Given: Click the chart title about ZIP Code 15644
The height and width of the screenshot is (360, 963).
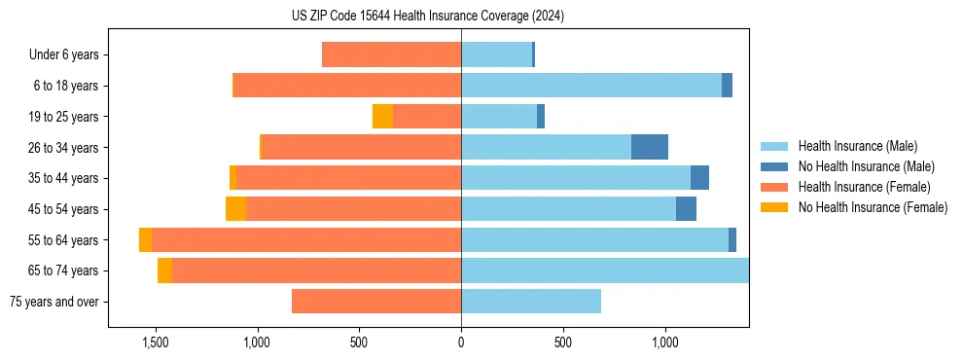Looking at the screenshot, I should pos(428,17).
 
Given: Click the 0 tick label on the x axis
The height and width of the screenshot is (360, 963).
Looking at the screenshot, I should pos(461,342).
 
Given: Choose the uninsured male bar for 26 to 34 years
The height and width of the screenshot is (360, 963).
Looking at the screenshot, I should pos(650,147).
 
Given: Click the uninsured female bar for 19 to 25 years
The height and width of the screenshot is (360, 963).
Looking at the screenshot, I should pos(382,116).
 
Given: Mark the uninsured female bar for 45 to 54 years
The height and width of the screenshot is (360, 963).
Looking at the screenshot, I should pos(235,209).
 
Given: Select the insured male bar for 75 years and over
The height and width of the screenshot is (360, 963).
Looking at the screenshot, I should pos(531,302).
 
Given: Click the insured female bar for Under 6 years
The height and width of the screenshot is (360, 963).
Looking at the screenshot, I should pos(391,54).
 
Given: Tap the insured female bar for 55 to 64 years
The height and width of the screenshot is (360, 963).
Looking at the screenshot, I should pos(306,239).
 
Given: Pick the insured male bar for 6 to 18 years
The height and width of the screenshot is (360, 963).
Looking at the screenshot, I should pos(591,86).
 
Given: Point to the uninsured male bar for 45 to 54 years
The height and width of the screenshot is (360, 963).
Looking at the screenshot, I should pos(686,209).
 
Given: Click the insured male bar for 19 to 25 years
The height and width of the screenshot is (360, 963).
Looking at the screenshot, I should pos(499,116).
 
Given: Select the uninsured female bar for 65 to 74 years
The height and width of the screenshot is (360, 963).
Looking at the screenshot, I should pos(164,270).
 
